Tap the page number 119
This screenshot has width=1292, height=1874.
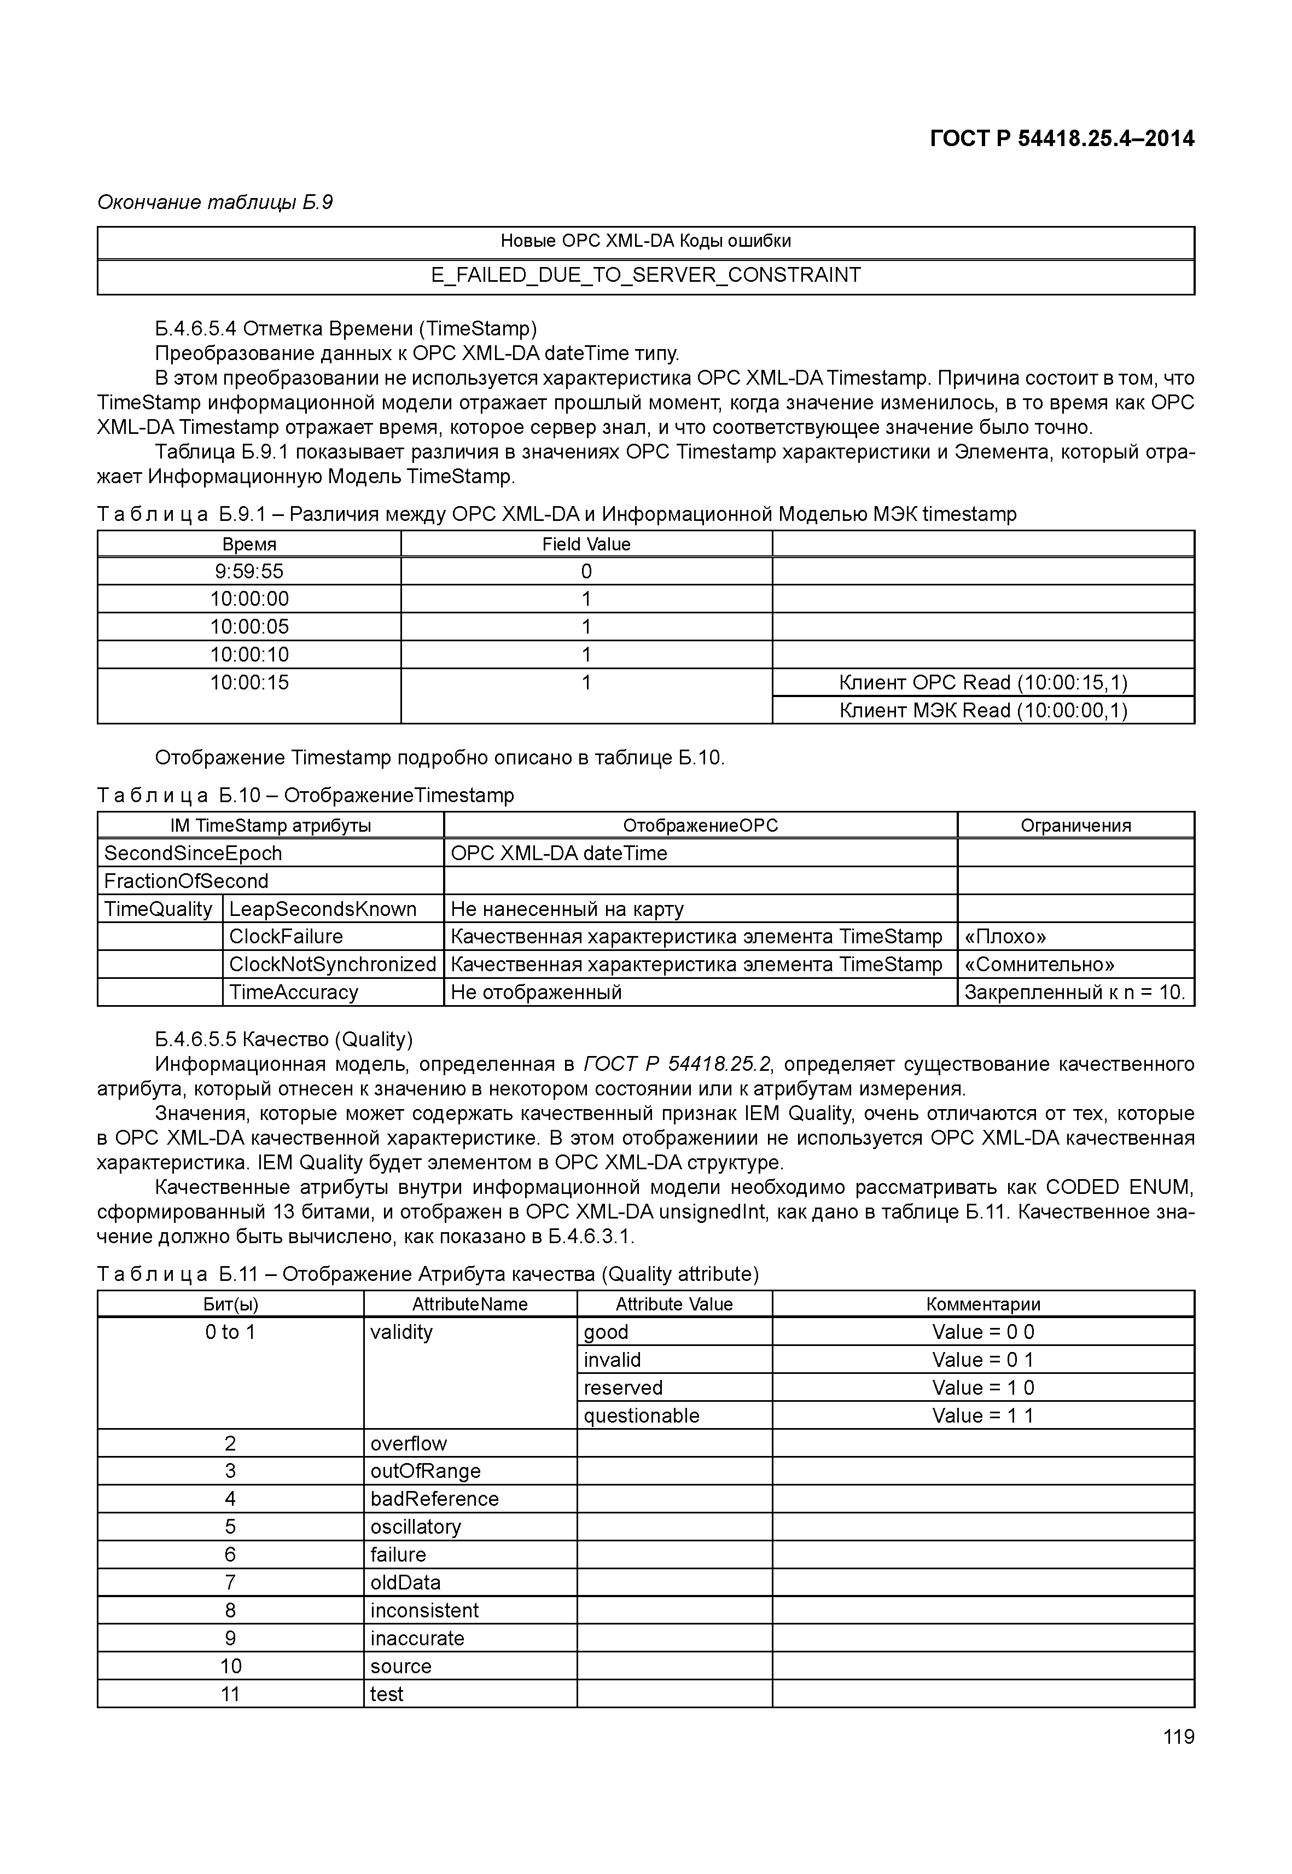pos(1178,1736)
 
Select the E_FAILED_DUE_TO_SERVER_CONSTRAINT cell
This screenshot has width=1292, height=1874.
pos(645,275)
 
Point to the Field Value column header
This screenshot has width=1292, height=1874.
pos(586,544)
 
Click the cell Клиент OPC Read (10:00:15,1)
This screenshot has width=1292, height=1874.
pos(983,683)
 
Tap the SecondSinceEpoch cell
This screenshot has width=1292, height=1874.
pos(194,854)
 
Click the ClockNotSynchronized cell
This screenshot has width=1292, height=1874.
pos(332,965)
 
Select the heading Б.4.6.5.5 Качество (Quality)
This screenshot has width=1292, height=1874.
pos(283,1039)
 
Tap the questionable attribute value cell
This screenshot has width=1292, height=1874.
pos(641,1415)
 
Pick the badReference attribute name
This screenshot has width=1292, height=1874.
pos(435,1499)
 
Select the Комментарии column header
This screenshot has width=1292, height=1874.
pos(983,1304)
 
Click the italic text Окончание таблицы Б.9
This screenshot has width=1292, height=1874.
pos(214,202)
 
